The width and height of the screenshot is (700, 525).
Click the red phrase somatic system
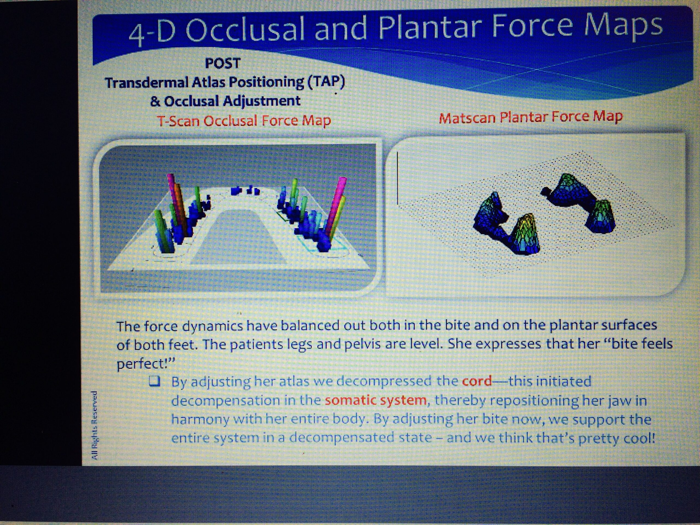click(x=376, y=401)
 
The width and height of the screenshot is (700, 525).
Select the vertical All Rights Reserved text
click(x=95, y=424)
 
